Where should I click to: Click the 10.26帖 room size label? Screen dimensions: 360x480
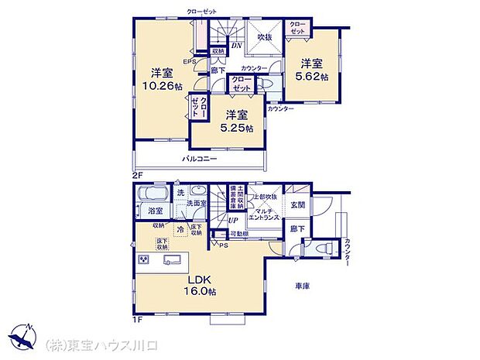coord(160,87)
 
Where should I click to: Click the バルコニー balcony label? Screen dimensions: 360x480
coord(199,159)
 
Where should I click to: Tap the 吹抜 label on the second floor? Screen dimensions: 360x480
coord(265,37)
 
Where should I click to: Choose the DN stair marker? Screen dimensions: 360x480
coord(236,46)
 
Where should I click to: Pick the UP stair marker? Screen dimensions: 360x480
coord(232,221)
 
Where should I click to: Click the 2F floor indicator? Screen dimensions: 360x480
coord(138,176)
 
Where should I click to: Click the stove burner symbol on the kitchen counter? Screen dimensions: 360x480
coord(143,259)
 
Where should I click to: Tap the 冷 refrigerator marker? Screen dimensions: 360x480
coord(180,229)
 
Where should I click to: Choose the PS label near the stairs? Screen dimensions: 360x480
coord(224,245)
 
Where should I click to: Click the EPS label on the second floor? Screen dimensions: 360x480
coord(189,62)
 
